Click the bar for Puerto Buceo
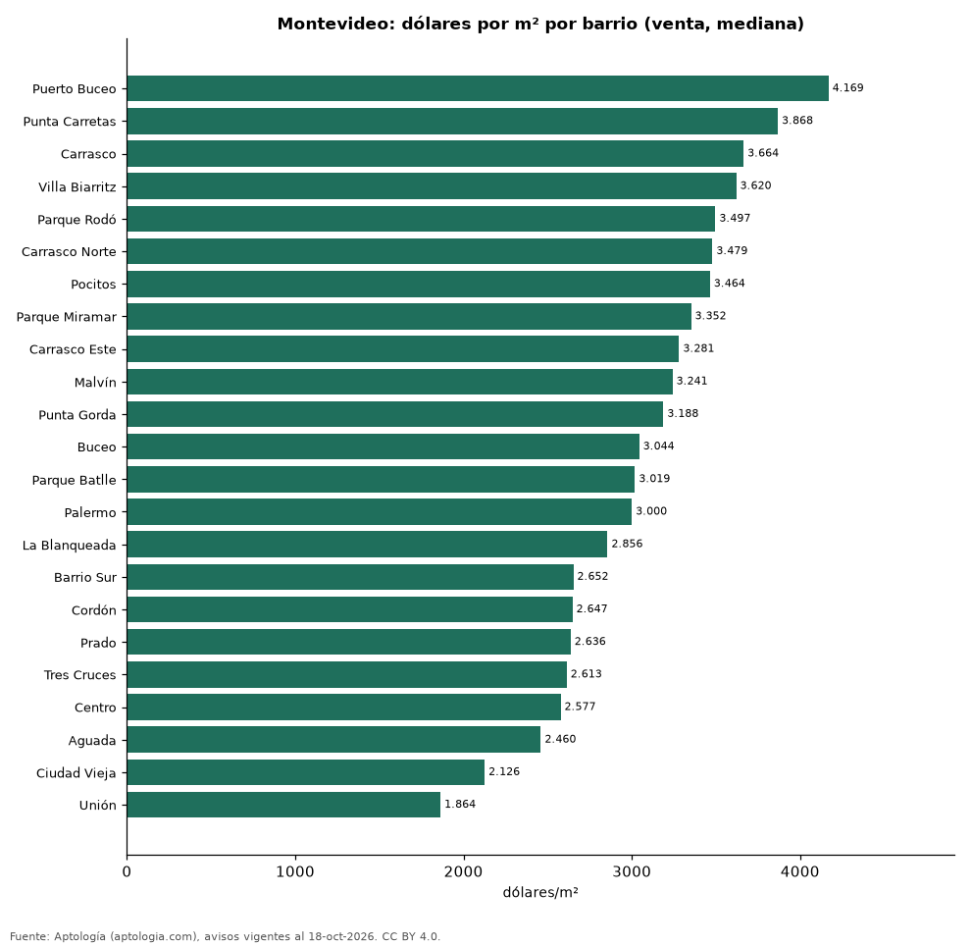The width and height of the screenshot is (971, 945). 478,88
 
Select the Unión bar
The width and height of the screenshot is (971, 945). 283,805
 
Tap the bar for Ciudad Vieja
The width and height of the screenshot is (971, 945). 305,772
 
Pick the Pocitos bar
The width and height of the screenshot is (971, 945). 418,284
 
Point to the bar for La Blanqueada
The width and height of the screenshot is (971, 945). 367,544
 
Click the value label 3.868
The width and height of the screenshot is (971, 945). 797,121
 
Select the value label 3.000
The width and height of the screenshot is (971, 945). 651,511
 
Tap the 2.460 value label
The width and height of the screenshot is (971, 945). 560,739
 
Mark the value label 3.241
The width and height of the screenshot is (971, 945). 691,381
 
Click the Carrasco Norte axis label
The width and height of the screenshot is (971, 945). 69,251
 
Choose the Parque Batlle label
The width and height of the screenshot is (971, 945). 74,480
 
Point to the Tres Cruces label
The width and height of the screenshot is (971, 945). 79,675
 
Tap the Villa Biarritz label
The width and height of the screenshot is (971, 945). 77,186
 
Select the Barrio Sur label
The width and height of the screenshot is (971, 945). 84,578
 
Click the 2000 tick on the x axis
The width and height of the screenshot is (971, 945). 463,871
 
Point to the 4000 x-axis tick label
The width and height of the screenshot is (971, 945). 800,871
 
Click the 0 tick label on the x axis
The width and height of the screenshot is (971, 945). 127,871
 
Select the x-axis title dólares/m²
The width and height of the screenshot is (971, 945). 540,892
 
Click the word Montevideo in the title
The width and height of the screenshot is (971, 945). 334,24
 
